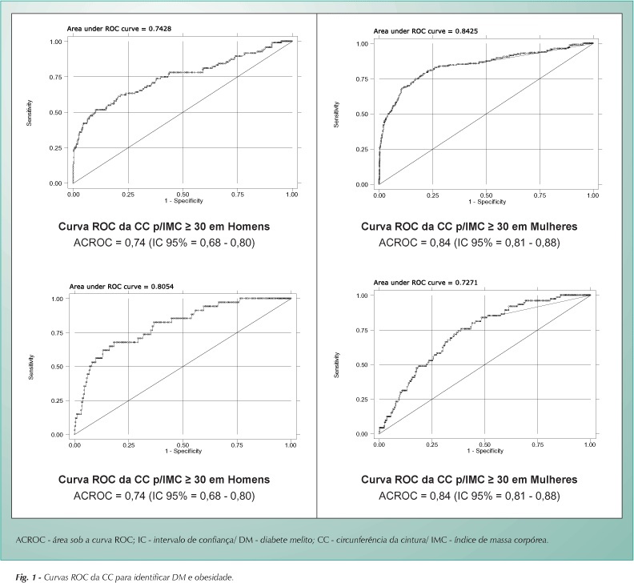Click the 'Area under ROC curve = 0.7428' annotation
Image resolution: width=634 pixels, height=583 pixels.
(118, 29)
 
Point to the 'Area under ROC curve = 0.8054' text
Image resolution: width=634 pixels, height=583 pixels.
(122, 287)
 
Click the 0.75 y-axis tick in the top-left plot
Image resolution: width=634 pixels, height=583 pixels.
(56, 77)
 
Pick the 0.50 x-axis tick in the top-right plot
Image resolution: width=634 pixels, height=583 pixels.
(486, 195)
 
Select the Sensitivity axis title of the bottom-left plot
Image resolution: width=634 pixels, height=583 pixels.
(31, 367)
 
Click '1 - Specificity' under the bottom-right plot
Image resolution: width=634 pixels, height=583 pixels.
(485, 451)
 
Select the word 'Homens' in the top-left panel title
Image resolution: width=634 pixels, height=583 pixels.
(249, 226)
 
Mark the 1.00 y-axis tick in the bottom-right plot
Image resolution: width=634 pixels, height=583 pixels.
(362, 296)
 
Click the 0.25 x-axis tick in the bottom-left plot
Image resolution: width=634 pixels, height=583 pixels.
(129, 445)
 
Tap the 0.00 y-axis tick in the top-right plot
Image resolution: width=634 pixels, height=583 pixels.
(362, 184)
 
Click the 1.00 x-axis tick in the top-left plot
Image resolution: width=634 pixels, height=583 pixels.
(291, 194)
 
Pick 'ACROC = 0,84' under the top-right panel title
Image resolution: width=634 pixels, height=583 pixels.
(415, 243)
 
